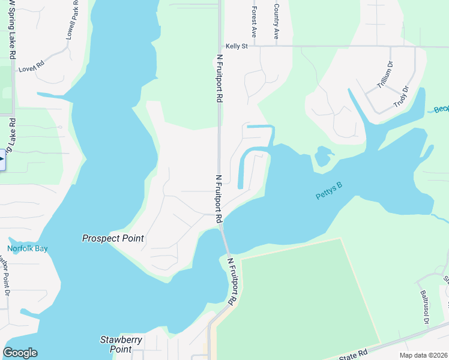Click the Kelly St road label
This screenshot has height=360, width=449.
coord(237,46)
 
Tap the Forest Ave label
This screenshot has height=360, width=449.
coord(255,22)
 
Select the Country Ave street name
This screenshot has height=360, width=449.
coord(276,22)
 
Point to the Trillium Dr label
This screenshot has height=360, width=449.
coord(385,76)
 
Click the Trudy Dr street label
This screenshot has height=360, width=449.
coord(400,97)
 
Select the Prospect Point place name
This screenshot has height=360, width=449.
coord(113,238)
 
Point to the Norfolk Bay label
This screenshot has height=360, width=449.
coord(27,248)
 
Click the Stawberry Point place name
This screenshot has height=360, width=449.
coord(121,344)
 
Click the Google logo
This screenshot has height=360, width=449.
coord(20,353)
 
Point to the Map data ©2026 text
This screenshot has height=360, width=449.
coord(423,355)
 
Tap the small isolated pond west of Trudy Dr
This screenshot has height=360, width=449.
coord(324,155)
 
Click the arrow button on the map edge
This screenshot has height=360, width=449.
coord(2,160)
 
